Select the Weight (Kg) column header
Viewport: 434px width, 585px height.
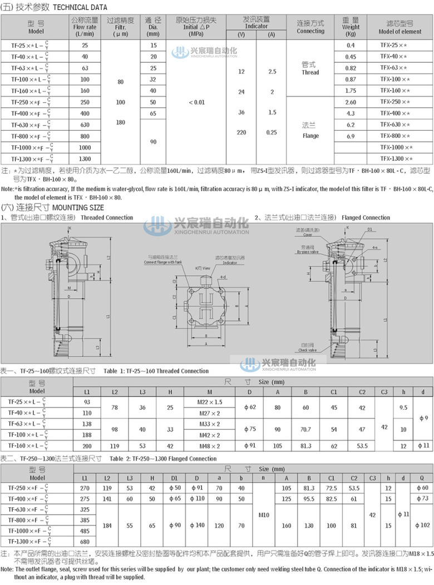pos(351,27)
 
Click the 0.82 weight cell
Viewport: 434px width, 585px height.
pos(351,68)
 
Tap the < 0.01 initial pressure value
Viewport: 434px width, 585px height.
pos(196,102)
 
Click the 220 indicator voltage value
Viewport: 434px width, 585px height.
pos(241,132)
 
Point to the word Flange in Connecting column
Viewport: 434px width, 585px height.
pos(310,136)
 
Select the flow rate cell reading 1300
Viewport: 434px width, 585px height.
pos(85,159)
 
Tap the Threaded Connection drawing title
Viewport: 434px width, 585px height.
pos(107,217)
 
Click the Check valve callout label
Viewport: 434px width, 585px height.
pos(307,350)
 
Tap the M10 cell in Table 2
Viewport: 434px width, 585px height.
pos(264,515)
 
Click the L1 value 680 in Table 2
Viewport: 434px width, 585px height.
pos(85,542)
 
